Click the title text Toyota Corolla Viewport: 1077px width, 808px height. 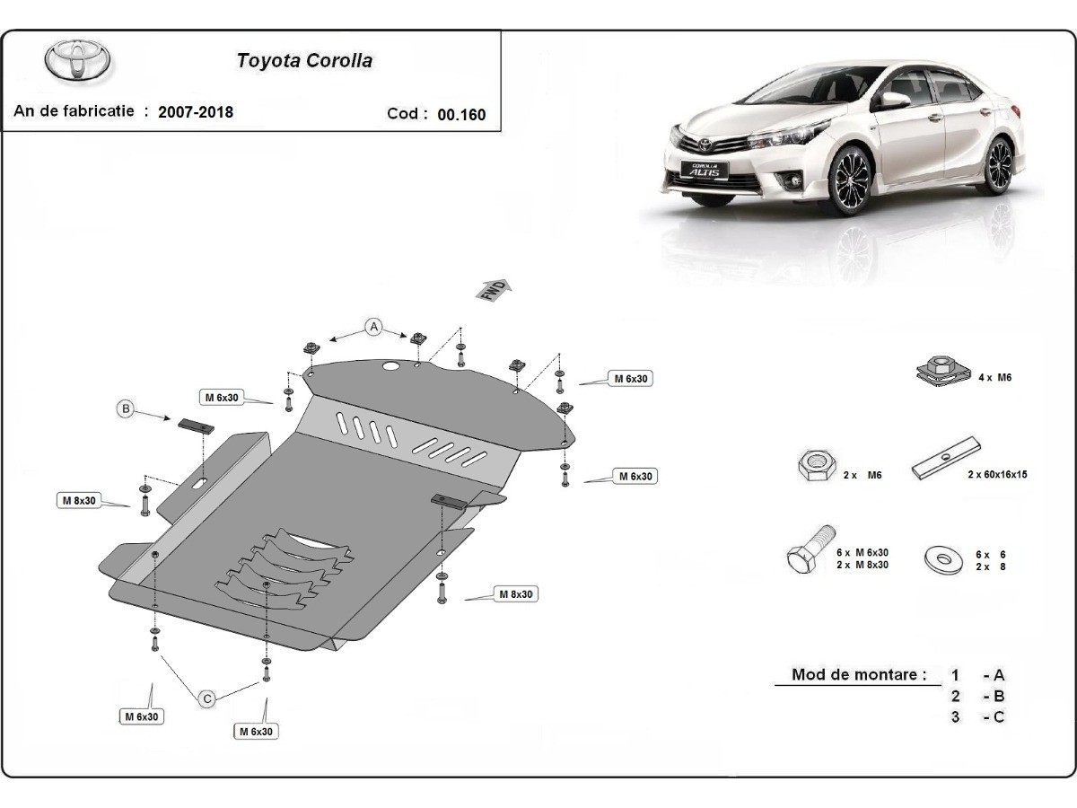[304, 61]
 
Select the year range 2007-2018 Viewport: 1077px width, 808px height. [195, 112]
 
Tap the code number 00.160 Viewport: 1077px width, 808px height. [461, 114]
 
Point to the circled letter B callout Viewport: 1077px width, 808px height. [127, 409]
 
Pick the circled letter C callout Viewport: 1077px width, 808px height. [206, 698]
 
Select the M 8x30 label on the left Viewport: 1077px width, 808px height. [79, 500]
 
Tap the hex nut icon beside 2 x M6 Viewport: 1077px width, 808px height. [815, 466]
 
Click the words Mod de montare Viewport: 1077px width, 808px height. [859, 674]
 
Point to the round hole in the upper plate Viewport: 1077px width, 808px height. [390, 366]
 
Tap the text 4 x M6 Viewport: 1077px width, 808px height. [995, 378]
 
